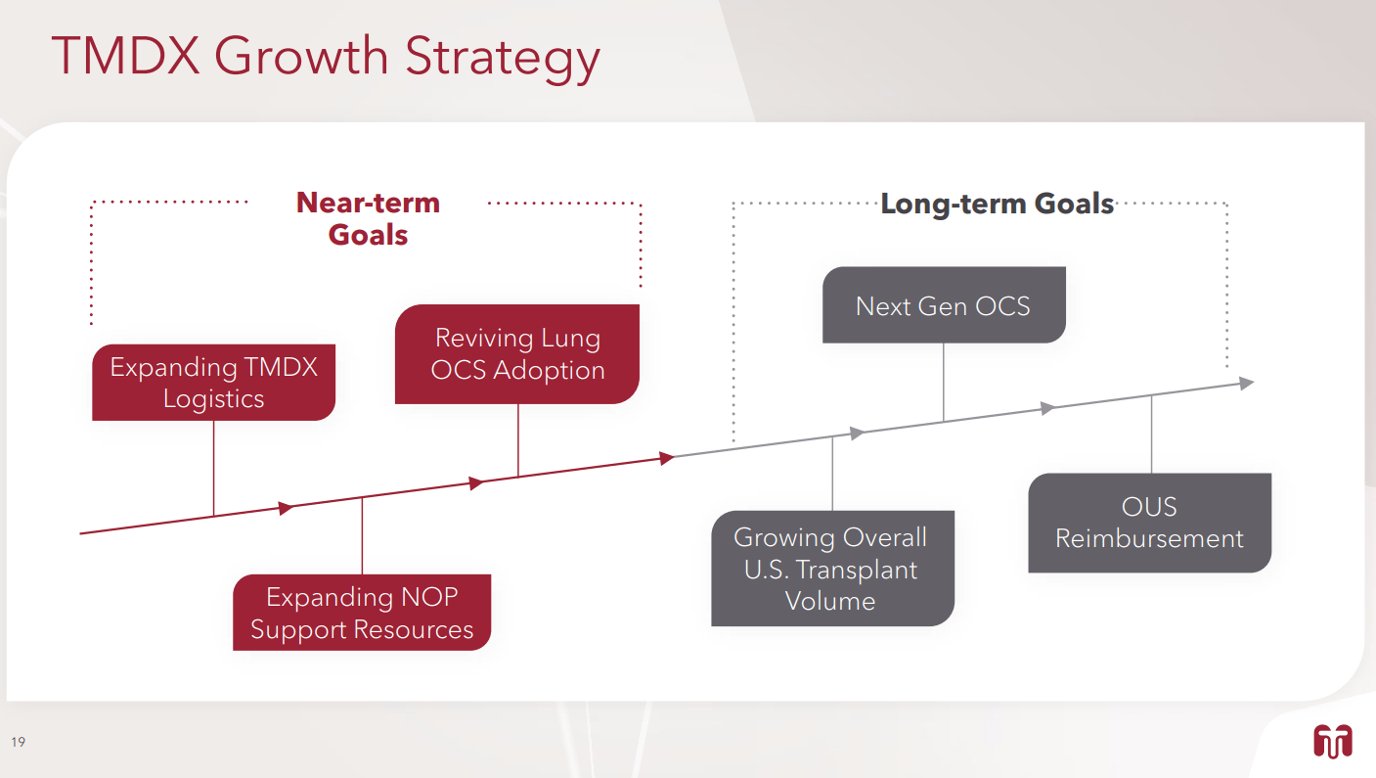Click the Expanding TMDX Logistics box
tap(213, 383)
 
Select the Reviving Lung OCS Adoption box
tap(517, 354)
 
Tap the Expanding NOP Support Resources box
tap(362, 613)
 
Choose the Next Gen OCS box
tap(943, 305)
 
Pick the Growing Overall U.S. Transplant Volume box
tap(831, 569)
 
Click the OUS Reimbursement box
tap(1149, 523)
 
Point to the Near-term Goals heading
tap(368, 218)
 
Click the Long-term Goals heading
tap(997, 204)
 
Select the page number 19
tap(19, 742)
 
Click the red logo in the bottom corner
tap(1332, 741)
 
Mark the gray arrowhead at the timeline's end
tap(1246, 384)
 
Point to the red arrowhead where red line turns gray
tap(667, 457)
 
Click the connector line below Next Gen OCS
tap(943, 382)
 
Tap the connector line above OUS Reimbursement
tap(1151, 435)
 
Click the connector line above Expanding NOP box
tap(362, 535)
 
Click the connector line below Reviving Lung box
tap(517, 439)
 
